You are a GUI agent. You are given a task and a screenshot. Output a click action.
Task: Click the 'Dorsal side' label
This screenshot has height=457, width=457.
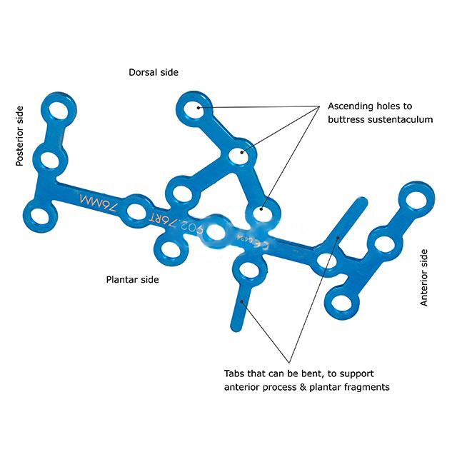(x=154, y=72)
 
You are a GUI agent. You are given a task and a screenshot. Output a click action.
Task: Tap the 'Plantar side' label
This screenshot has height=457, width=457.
(x=132, y=279)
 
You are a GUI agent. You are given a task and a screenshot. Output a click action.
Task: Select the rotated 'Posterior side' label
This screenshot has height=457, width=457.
(x=20, y=136)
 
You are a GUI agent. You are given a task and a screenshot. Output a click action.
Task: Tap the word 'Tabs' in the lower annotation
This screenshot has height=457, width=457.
(x=234, y=373)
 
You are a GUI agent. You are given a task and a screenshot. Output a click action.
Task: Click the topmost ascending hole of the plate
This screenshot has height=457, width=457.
(x=196, y=108)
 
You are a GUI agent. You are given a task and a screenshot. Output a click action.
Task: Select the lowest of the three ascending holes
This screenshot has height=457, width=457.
(x=261, y=212)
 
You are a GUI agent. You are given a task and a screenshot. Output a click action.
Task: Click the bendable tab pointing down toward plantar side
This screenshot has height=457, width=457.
(x=238, y=308)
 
